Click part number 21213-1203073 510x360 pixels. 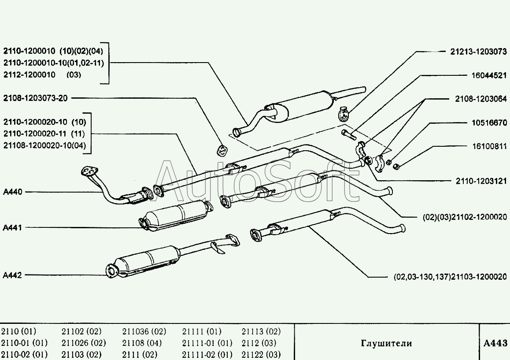[x=478, y=52]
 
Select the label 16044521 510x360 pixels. [x=489, y=75]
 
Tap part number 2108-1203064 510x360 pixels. [x=481, y=99]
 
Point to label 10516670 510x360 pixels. [x=489, y=122]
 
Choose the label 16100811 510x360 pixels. [x=489, y=146]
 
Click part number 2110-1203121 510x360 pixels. [x=481, y=181]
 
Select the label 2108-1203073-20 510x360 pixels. [x=35, y=98]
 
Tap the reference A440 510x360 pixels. [x=13, y=192]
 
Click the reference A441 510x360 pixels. [x=12, y=227]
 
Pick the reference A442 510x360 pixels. [x=12, y=275]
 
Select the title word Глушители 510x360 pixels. [x=386, y=343]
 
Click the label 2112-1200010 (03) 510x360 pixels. [x=42, y=74]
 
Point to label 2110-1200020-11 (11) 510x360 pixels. [x=44, y=134]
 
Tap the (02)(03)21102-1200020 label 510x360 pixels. [x=465, y=217]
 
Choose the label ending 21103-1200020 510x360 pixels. [x=450, y=277]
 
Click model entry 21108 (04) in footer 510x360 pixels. [x=142, y=343]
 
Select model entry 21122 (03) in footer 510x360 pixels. [x=261, y=354]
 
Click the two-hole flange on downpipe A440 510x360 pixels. [x=89, y=171]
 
